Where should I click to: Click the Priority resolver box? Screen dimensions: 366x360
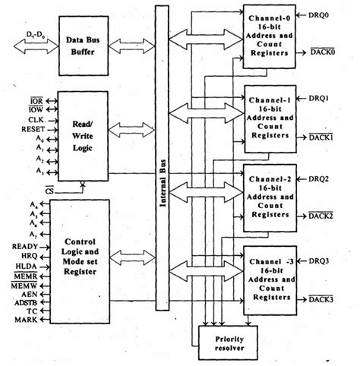coord(226,338)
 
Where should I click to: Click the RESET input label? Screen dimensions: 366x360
coord(29,129)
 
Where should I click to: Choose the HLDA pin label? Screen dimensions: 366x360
coord(29,266)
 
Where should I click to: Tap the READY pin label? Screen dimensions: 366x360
coord(27,246)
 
